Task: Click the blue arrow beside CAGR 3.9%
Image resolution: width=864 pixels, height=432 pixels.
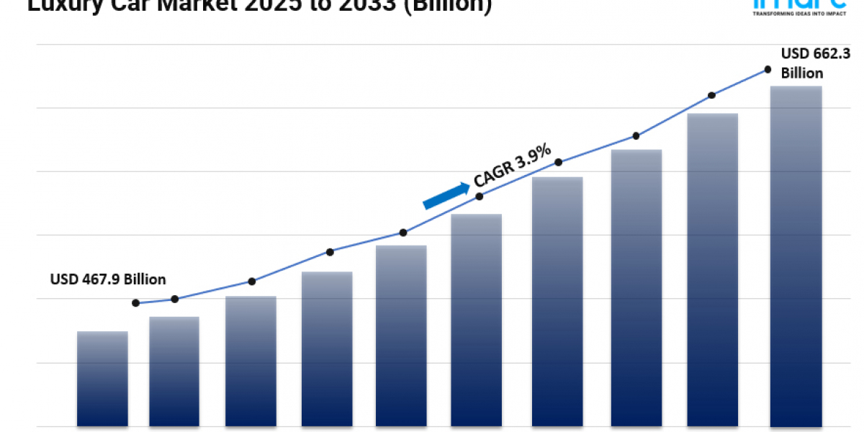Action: tap(446, 195)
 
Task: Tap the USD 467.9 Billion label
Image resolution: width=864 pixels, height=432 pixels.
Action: tap(108, 279)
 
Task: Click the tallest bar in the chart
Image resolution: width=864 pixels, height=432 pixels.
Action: tap(796, 256)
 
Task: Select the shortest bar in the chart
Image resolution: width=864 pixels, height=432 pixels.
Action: tap(102, 378)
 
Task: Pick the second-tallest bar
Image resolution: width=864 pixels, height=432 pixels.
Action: tap(712, 270)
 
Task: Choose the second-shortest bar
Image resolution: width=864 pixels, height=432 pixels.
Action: tap(174, 371)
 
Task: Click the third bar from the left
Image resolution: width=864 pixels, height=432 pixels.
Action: tap(251, 360)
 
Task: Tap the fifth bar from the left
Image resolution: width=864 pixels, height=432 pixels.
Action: tap(401, 335)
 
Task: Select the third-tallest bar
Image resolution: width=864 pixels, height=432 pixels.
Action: tap(636, 288)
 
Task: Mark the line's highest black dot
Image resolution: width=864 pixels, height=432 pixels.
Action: tap(768, 70)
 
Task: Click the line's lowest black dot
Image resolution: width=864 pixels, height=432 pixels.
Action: tap(136, 303)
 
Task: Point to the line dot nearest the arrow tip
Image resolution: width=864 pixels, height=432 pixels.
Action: tap(480, 196)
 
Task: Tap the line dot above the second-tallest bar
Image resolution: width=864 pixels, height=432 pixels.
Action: tap(711, 95)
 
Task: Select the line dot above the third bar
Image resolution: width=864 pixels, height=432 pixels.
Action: tap(251, 282)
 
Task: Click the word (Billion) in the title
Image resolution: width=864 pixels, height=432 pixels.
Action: tap(447, 6)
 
